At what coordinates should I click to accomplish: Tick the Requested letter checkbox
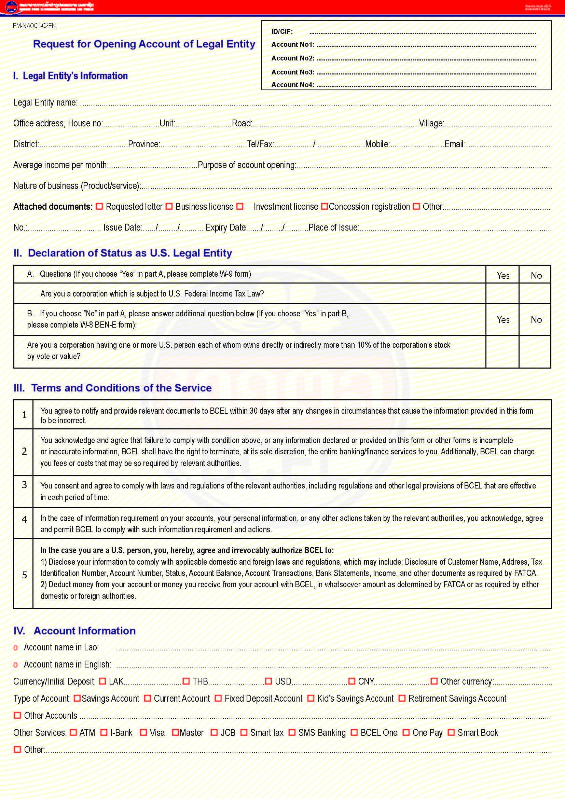click(x=99, y=206)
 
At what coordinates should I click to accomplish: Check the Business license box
click(x=169, y=206)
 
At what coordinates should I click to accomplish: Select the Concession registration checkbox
click(x=324, y=206)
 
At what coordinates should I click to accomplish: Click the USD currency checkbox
click(x=268, y=681)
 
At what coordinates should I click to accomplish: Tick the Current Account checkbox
click(x=148, y=698)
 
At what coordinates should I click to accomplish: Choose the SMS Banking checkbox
click(x=292, y=732)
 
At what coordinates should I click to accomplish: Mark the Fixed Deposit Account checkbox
click(x=218, y=698)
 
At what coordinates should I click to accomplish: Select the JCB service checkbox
click(x=214, y=732)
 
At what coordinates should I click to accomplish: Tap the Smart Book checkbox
click(x=451, y=732)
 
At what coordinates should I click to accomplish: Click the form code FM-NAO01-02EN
click(x=34, y=26)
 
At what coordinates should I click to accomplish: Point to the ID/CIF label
click(x=282, y=32)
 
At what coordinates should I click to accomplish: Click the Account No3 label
click(x=293, y=72)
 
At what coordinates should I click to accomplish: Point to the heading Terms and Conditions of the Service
click(x=121, y=388)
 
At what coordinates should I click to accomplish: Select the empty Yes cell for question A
click(x=502, y=293)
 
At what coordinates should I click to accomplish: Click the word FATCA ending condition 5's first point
click(x=526, y=573)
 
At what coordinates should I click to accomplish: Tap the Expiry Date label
click(x=226, y=228)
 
